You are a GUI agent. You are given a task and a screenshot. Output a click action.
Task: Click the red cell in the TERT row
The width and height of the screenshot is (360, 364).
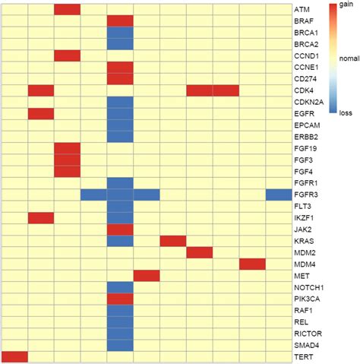tap(14, 356)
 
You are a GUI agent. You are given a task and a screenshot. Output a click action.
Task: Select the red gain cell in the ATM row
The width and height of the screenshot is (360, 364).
tap(68, 9)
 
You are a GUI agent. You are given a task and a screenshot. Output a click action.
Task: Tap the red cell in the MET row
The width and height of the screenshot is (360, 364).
tap(147, 275)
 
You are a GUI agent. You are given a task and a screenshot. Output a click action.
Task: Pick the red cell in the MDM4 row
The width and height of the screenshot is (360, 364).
tap(252, 264)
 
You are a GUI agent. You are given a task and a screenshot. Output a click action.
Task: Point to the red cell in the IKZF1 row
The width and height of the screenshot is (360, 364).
tap(41, 218)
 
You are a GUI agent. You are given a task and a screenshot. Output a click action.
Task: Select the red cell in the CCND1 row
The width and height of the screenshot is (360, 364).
tap(68, 55)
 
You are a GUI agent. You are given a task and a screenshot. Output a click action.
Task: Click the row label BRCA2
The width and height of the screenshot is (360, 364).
tap(306, 44)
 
